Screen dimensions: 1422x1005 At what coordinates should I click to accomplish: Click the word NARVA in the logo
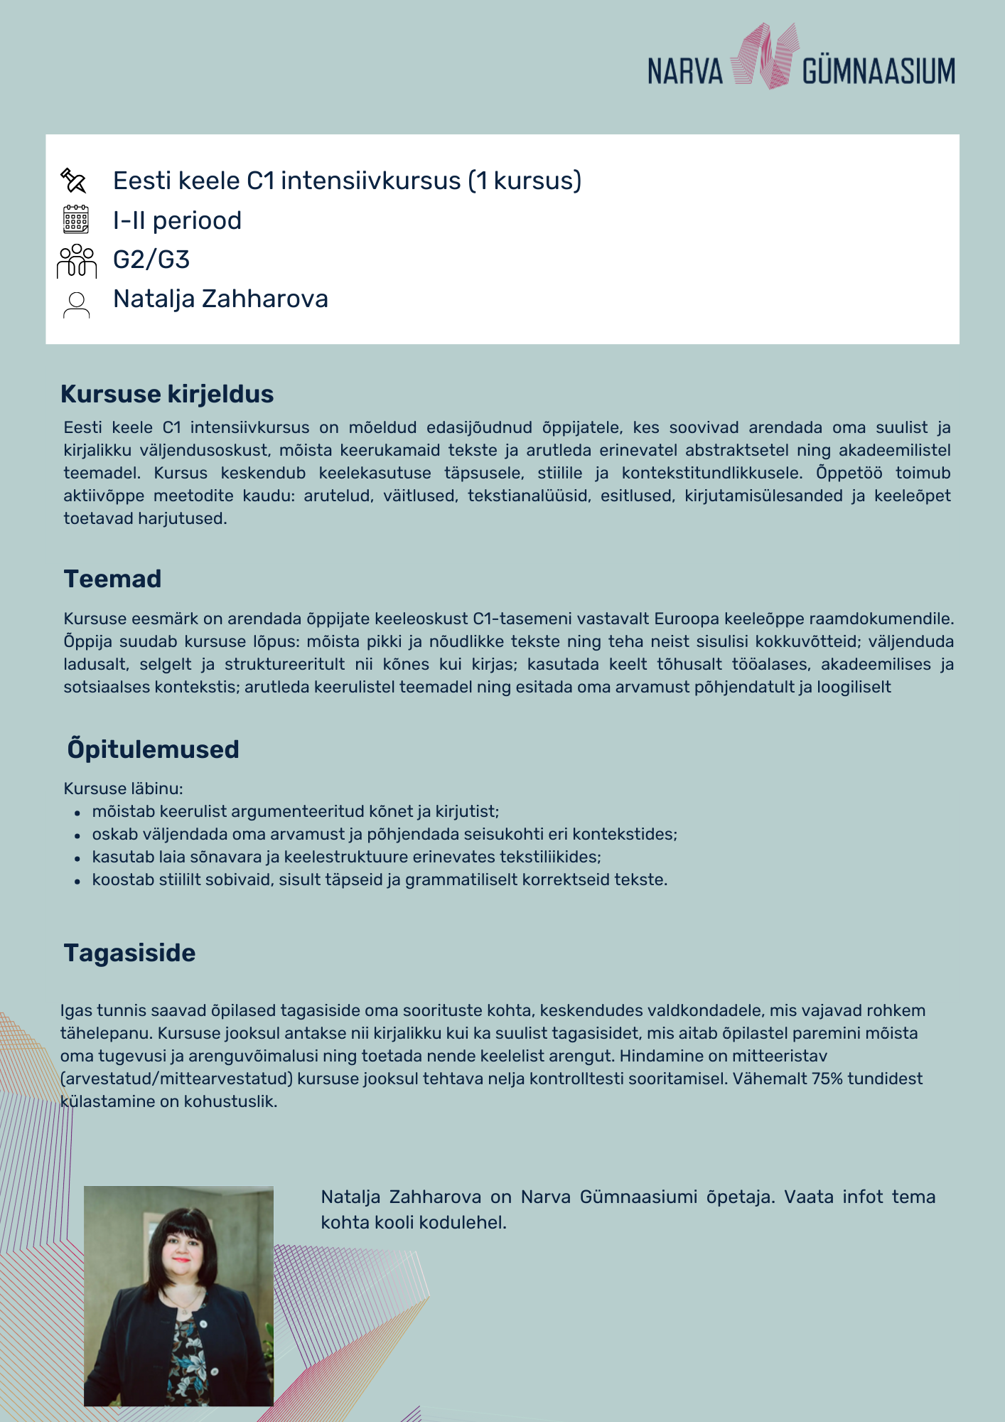point(684,72)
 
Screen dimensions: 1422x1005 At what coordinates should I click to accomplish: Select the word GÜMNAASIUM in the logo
point(878,72)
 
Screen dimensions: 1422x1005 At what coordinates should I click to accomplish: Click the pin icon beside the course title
point(74,181)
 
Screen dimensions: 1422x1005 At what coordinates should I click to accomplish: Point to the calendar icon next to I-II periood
point(76,220)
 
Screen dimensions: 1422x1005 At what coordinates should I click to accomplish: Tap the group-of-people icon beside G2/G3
point(76,260)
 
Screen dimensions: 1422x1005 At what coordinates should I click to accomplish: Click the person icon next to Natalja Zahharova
point(76,304)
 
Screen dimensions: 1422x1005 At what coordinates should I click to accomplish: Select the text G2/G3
point(151,260)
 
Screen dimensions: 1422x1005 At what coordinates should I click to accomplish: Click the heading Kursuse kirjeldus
point(167,394)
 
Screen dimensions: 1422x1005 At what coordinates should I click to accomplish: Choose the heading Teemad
point(113,579)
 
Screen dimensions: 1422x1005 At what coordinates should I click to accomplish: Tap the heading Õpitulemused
point(153,749)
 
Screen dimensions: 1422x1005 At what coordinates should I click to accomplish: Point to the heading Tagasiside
point(129,953)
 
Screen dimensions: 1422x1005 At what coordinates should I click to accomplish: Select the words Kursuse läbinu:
point(123,788)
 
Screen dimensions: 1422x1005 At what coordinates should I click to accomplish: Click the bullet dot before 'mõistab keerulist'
point(77,813)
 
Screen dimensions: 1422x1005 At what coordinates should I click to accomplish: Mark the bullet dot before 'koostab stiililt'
point(77,881)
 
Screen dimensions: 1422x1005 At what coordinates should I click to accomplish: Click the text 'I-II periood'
point(177,220)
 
